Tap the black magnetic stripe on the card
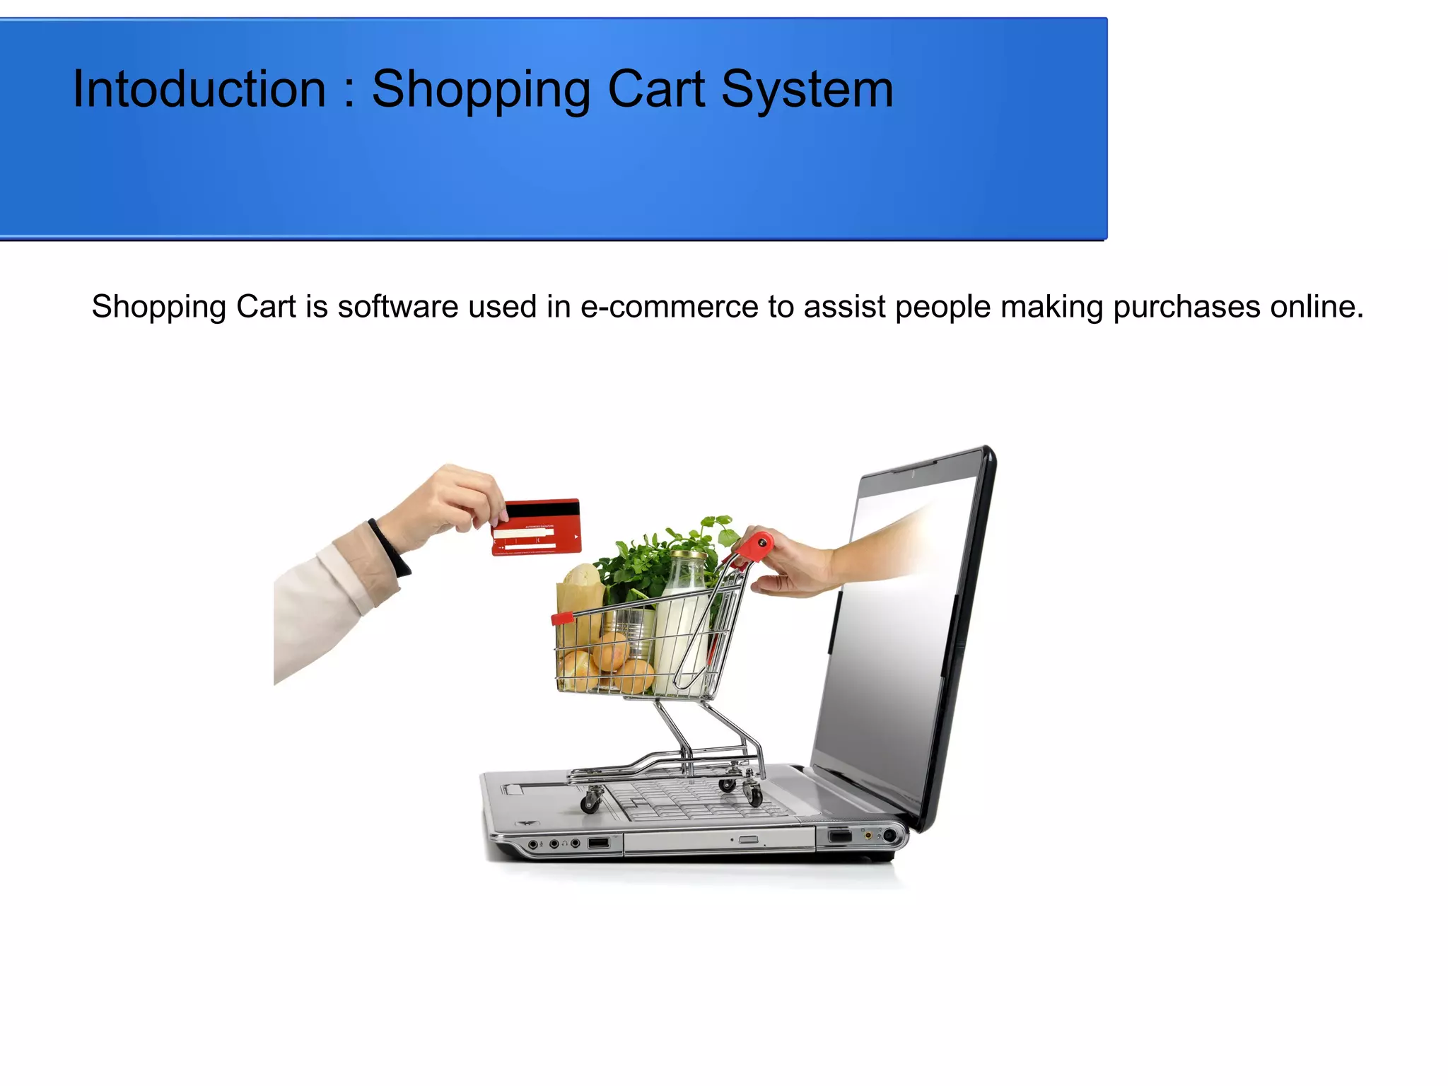coord(542,509)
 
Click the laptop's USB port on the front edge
coord(598,843)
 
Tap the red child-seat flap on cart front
coord(562,619)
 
